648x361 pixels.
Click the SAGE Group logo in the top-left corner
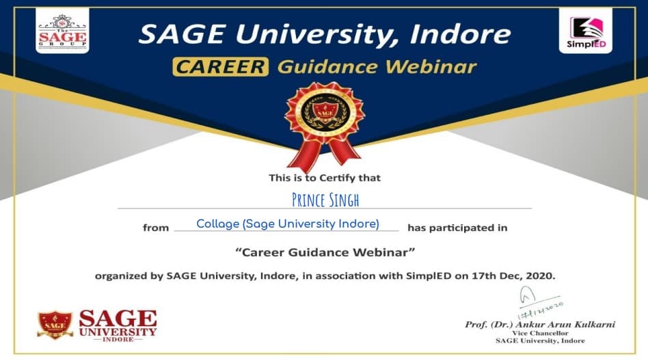tap(62, 31)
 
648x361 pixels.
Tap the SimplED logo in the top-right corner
tap(586, 31)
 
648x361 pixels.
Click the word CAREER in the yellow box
tap(220, 67)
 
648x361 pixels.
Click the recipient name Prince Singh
tap(325, 200)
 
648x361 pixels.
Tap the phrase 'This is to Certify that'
tap(325, 178)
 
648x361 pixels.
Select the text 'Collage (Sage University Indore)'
tap(287, 224)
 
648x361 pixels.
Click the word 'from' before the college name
tap(155, 228)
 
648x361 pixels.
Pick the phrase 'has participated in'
tap(457, 227)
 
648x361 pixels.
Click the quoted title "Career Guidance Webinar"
tap(325, 252)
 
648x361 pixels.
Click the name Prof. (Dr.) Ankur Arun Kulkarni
tap(539, 324)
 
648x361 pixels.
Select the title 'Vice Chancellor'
tap(540, 332)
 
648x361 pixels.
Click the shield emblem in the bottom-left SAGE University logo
tap(55, 325)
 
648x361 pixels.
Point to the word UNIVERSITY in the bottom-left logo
tap(118, 332)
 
